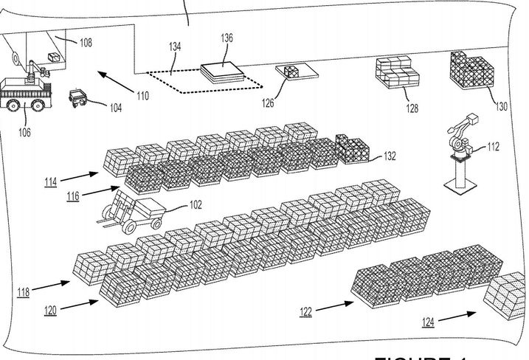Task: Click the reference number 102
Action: pyautogui.click(x=196, y=207)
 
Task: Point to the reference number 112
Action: pyautogui.click(x=493, y=147)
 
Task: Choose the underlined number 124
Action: pyautogui.click(x=429, y=322)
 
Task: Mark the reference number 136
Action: pyautogui.click(x=227, y=38)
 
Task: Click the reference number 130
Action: pyautogui.click(x=501, y=106)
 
